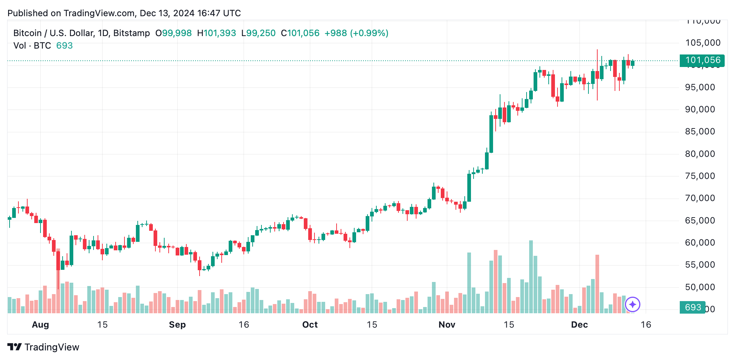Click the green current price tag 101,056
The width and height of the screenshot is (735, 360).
(702, 60)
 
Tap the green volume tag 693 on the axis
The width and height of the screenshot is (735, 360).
(692, 307)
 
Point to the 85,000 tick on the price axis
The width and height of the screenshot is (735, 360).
(700, 131)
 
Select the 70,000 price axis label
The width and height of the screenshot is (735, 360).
(700, 198)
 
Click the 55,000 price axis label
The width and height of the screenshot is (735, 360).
(700, 265)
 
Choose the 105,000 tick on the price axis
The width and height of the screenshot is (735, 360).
(703, 43)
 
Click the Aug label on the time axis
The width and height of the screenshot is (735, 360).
(41, 325)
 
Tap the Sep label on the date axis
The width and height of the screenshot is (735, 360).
(177, 325)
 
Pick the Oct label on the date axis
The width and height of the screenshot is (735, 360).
(310, 325)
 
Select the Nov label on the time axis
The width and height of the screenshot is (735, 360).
(447, 325)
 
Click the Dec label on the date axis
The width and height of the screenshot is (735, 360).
(579, 325)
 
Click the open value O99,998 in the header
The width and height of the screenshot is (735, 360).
(173, 33)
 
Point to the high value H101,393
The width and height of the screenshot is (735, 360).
(217, 33)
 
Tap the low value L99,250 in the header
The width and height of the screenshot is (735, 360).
(258, 33)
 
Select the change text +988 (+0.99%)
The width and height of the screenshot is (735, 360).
(356, 33)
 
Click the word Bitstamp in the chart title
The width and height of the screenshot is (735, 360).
(131, 33)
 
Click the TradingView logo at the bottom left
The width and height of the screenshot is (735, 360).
(43, 347)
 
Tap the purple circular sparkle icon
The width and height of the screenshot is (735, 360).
(633, 304)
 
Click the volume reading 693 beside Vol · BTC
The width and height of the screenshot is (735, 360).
(64, 46)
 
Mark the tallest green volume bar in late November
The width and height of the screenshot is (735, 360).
(531, 276)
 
